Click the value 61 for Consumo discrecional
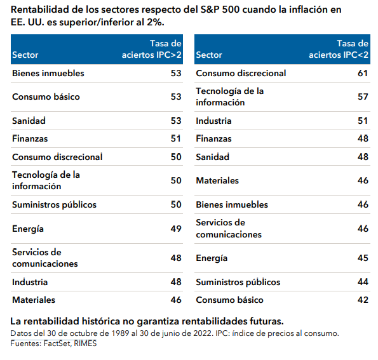(x=363, y=73)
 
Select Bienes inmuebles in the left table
(x=48, y=73)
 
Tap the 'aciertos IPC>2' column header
(x=152, y=55)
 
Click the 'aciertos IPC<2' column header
(x=339, y=55)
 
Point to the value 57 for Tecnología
(x=363, y=97)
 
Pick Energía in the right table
(x=212, y=258)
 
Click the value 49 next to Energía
(x=176, y=229)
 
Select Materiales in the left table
(x=34, y=300)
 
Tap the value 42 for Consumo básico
(x=363, y=300)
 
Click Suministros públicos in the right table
(x=238, y=282)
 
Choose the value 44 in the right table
(x=363, y=282)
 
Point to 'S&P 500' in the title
(x=220, y=10)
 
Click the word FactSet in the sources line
(x=57, y=343)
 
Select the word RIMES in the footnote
(x=85, y=343)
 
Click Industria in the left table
(x=30, y=282)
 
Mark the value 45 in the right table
(x=363, y=258)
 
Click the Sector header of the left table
(x=25, y=55)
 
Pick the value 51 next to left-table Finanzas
(x=176, y=138)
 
